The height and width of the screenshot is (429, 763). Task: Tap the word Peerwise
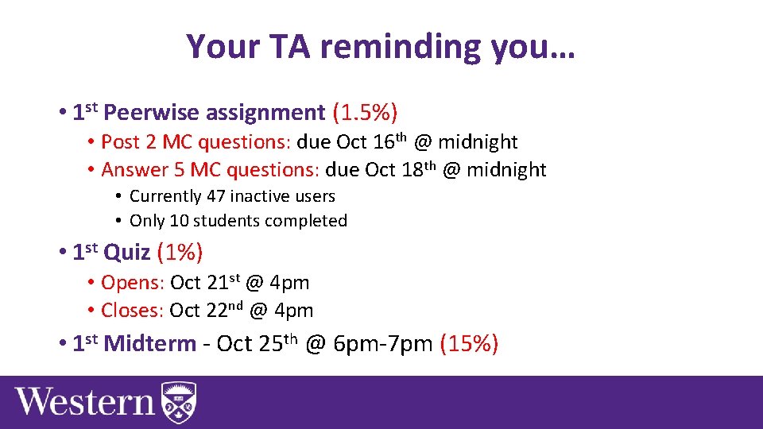(151, 113)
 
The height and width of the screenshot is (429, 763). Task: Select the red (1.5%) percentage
(365, 113)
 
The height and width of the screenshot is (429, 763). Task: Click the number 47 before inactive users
(216, 196)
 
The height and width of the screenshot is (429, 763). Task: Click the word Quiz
(126, 253)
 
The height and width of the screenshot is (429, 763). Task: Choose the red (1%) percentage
(180, 253)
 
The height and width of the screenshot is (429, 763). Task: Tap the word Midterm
(149, 344)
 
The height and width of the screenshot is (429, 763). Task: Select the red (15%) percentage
(469, 344)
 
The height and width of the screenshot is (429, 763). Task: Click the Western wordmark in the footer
(84, 401)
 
